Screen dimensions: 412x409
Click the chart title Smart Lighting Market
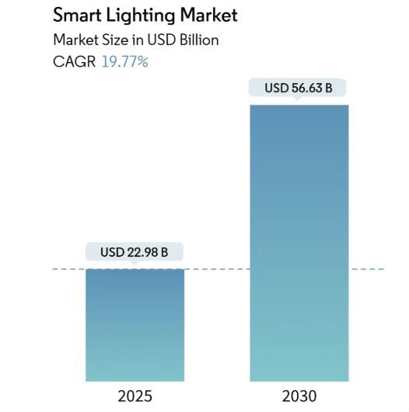(145, 16)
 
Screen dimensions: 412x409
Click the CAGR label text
(74, 61)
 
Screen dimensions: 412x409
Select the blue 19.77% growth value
(125, 61)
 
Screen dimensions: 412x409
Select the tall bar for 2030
(299, 241)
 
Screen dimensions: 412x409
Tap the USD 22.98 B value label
(135, 252)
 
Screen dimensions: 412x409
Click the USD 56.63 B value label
(299, 88)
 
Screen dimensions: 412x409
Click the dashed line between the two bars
(217, 269)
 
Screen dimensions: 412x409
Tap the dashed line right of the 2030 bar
(367, 269)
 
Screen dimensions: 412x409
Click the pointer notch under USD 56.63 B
(299, 100)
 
